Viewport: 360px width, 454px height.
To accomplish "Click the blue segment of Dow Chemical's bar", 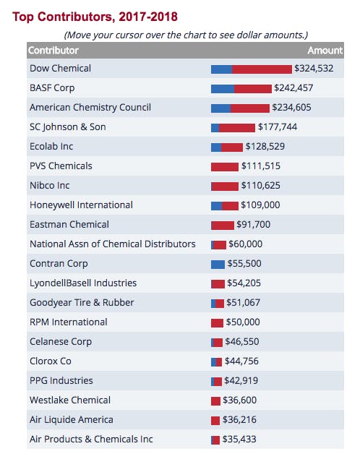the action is tap(221, 69).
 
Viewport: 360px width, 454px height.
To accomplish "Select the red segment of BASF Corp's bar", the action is tap(253, 89).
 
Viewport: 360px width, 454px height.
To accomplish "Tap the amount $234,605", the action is tap(291, 108).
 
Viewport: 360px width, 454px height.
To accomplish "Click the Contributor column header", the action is tap(53, 51).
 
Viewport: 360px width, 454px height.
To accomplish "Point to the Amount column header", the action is tap(325, 51).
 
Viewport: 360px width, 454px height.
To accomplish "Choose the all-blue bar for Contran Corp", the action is tap(218, 265).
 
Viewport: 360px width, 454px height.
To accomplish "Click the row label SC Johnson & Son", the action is tap(68, 127).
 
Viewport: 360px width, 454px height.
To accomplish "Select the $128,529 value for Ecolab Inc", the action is tap(265, 147).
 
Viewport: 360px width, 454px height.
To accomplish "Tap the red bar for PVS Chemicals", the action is tap(225, 167).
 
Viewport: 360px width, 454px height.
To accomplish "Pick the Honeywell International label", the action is tap(81, 205).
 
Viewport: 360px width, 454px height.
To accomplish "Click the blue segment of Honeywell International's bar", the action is tap(216, 206).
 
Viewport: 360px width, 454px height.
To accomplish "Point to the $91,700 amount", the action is tap(254, 225).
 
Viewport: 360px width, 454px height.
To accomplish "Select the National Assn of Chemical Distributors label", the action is tap(113, 244).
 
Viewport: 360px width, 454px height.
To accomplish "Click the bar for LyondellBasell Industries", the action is tap(218, 284).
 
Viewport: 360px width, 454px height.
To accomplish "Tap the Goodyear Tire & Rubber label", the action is tap(82, 303).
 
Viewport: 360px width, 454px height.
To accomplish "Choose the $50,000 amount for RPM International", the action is tap(243, 322).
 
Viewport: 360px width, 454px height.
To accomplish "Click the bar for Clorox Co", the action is tap(216, 362).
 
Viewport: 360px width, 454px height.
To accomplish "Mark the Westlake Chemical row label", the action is tap(70, 401).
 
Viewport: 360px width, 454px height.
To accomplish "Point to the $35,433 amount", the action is tap(239, 440).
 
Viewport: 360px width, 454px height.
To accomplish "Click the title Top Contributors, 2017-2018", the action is tap(95, 17).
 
